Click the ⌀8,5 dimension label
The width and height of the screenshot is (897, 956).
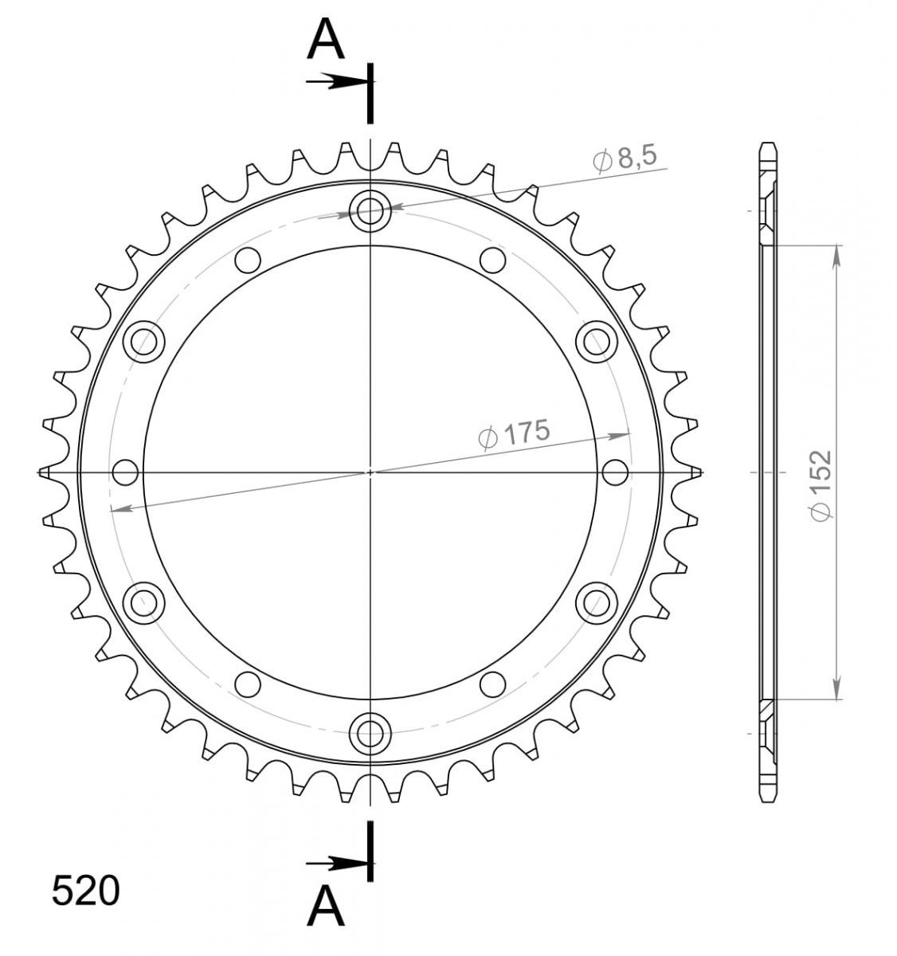tap(625, 159)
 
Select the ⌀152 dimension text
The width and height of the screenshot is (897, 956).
tap(821, 485)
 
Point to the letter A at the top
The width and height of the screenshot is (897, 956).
tap(326, 38)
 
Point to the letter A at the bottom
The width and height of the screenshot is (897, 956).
tap(326, 907)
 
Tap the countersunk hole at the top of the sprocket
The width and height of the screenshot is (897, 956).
tap(370, 211)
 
